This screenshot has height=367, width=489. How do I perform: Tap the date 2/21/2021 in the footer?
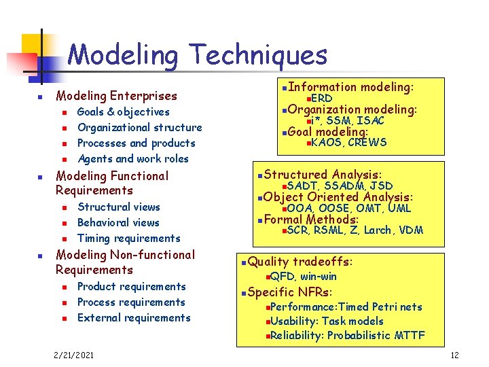point(74,355)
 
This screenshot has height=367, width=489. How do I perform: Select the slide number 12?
point(454,355)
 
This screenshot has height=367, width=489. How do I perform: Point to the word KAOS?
point(327,143)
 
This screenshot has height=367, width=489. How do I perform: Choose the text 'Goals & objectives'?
point(124,112)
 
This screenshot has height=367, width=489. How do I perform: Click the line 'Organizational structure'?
point(139,128)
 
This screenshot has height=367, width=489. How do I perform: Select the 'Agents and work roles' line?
point(133,159)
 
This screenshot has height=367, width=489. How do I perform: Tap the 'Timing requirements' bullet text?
point(129,239)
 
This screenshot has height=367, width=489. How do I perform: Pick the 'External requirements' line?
point(134,318)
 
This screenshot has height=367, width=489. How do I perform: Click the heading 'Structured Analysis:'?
point(323,175)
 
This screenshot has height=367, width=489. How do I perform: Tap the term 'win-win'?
point(318,277)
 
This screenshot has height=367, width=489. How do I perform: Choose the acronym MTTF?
point(410,336)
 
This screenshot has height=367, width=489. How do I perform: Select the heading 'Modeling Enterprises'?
point(116,96)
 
